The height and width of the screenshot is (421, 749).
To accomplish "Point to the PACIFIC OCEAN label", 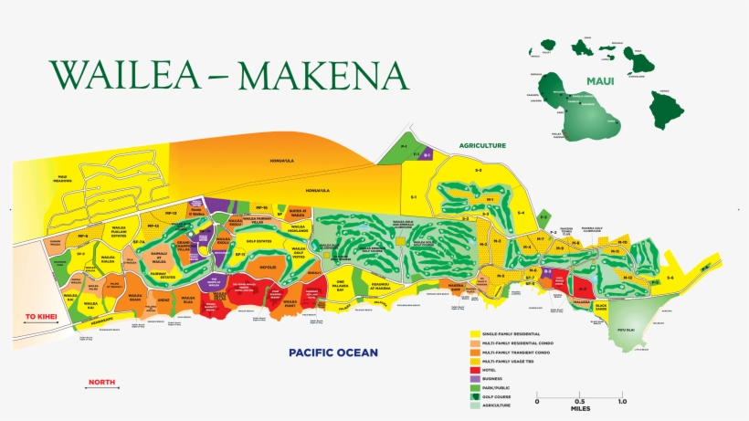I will pyautogui.click(x=327, y=352).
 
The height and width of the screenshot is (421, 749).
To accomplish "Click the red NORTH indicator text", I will pyautogui.click(x=102, y=383).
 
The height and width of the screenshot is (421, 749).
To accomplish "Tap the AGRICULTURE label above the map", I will pyautogui.click(x=482, y=145).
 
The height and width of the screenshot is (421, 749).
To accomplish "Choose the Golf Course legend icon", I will pyautogui.click(x=475, y=397).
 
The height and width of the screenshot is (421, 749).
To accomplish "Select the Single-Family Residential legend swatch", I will pyautogui.click(x=475, y=335).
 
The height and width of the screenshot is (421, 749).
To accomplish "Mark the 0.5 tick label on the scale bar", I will pyautogui.click(x=579, y=402).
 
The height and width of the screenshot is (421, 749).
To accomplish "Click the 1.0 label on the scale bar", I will pyautogui.click(x=621, y=402).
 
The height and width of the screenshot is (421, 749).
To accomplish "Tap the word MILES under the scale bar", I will pyautogui.click(x=579, y=409).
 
